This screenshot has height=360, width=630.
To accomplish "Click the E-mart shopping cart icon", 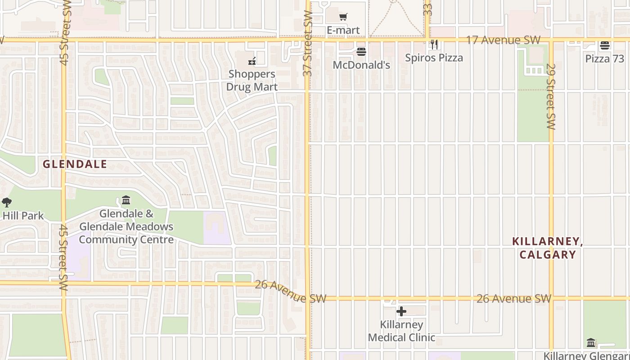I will pos(343,17).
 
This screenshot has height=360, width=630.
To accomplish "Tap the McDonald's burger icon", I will pos(361,52).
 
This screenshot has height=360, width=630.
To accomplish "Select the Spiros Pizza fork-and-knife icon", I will pos(434,44).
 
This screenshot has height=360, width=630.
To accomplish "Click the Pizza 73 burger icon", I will pos(604,45).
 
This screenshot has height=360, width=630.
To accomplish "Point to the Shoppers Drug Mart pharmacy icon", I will pos(252,61).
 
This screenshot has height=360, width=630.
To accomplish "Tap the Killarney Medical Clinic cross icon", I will pos(401,311).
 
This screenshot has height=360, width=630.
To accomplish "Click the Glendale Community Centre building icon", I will pos(126,200).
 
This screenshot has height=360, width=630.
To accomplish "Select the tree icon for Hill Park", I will pos(6,202).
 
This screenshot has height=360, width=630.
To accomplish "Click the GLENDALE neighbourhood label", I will pos(75,164).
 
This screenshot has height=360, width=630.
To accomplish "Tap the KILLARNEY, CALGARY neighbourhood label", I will pos(548,248).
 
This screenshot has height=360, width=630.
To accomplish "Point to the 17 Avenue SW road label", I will pos(503,40).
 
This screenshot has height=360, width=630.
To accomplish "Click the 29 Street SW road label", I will pos(551,96).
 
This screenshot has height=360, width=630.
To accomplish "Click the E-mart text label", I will pos(343,30).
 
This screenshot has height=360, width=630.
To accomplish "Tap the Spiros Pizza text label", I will pos(434,58).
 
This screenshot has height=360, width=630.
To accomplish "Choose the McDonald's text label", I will pos(361,65).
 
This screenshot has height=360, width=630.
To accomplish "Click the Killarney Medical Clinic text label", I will pos(401,331).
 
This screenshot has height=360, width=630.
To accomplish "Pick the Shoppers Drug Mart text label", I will pos(252,80).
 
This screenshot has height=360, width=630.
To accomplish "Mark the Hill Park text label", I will pos(23,216).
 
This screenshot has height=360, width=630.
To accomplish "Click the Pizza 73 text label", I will pos(604,59).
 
